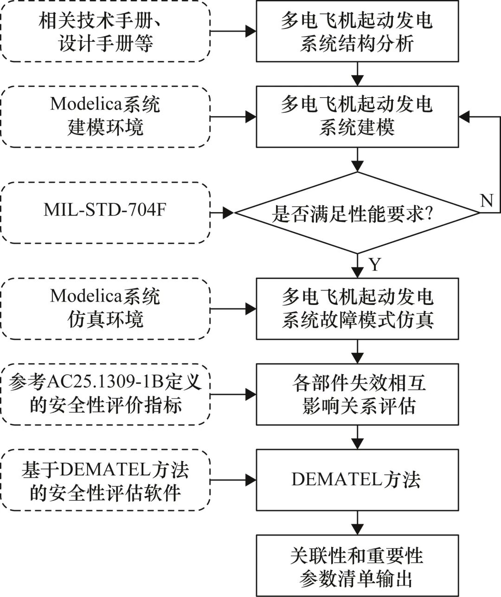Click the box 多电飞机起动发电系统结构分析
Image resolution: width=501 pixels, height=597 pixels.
click(x=357, y=32)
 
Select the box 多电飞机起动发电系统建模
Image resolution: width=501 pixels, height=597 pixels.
click(x=357, y=117)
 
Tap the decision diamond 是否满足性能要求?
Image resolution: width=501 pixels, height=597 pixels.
click(x=357, y=213)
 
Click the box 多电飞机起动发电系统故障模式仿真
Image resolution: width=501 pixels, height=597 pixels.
click(x=357, y=309)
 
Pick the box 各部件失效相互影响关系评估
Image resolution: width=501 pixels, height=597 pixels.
click(x=357, y=395)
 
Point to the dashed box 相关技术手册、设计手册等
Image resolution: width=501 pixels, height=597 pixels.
click(x=105, y=32)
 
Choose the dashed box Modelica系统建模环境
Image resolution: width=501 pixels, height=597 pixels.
click(x=105, y=117)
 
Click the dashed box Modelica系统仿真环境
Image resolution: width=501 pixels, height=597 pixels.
click(x=105, y=309)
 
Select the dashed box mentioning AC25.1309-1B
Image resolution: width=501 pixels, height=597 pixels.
click(x=105, y=395)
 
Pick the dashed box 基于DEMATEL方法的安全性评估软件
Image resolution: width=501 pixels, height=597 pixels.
click(x=105, y=480)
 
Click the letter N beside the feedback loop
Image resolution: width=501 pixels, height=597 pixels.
click(x=486, y=201)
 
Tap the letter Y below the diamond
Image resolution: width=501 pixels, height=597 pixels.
click(x=375, y=265)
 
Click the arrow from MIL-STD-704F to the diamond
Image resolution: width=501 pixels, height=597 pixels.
click(x=223, y=213)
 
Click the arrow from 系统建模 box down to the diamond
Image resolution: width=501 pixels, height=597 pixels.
click(x=357, y=160)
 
